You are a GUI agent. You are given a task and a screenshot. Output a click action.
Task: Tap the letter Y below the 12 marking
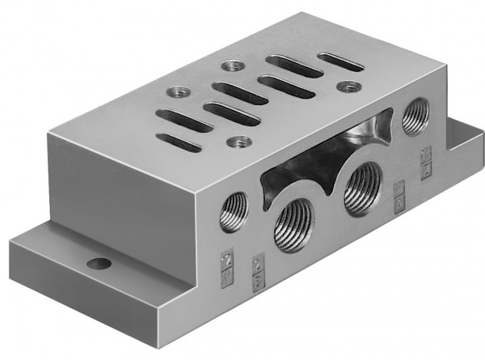(x=226, y=273)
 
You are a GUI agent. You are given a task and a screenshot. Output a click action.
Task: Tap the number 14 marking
(x=426, y=151)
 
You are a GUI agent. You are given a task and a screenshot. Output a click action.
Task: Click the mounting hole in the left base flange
(x=99, y=263)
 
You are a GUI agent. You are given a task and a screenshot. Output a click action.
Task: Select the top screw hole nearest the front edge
(x=237, y=143)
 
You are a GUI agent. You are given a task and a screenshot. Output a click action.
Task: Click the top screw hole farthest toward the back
(x=235, y=65)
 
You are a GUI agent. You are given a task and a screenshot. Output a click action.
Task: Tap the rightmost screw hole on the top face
(x=348, y=86)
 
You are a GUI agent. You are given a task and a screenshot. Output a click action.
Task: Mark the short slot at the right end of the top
(x=340, y=61)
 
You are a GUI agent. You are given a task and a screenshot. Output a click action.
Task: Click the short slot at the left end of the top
(x=179, y=142)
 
